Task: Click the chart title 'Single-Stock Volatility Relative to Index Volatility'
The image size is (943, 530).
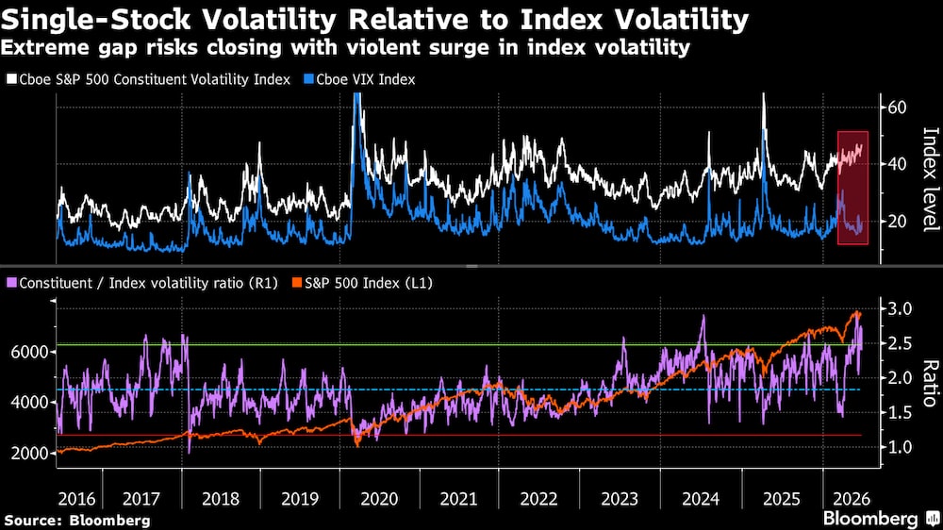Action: pyautogui.click(x=374, y=19)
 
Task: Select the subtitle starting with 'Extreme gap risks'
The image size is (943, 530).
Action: pyautogui.click(x=345, y=47)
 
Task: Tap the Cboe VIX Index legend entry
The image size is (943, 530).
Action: pyautogui.click(x=359, y=79)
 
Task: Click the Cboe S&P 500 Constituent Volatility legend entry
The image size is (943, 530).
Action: pyautogui.click(x=149, y=79)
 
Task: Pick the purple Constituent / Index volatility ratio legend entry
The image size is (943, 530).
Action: pyautogui.click(x=142, y=283)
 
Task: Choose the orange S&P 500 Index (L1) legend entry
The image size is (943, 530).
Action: pyautogui.click(x=362, y=283)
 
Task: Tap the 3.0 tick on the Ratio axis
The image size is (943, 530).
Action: pyautogui.click(x=900, y=308)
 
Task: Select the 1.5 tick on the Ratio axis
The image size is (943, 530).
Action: pyautogui.click(x=900, y=413)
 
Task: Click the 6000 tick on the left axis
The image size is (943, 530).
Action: pyautogui.click(x=29, y=352)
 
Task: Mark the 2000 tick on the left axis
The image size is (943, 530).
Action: pyautogui.click(x=29, y=453)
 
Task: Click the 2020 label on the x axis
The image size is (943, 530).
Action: pyautogui.click(x=379, y=499)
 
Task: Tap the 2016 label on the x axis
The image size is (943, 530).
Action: pyautogui.click(x=76, y=499)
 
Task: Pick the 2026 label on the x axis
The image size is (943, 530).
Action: pyautogui.click(x=852, y=499)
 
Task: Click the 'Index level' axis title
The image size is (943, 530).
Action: pyautogui.click(x=931, y=179)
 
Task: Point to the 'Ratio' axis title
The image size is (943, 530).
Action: pyautogui.click(x=931, y=383)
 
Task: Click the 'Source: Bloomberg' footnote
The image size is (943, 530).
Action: pyautogui.click(x=77, y=521)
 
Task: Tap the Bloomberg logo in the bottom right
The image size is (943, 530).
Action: pyautogui.click(x=881, y=519)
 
